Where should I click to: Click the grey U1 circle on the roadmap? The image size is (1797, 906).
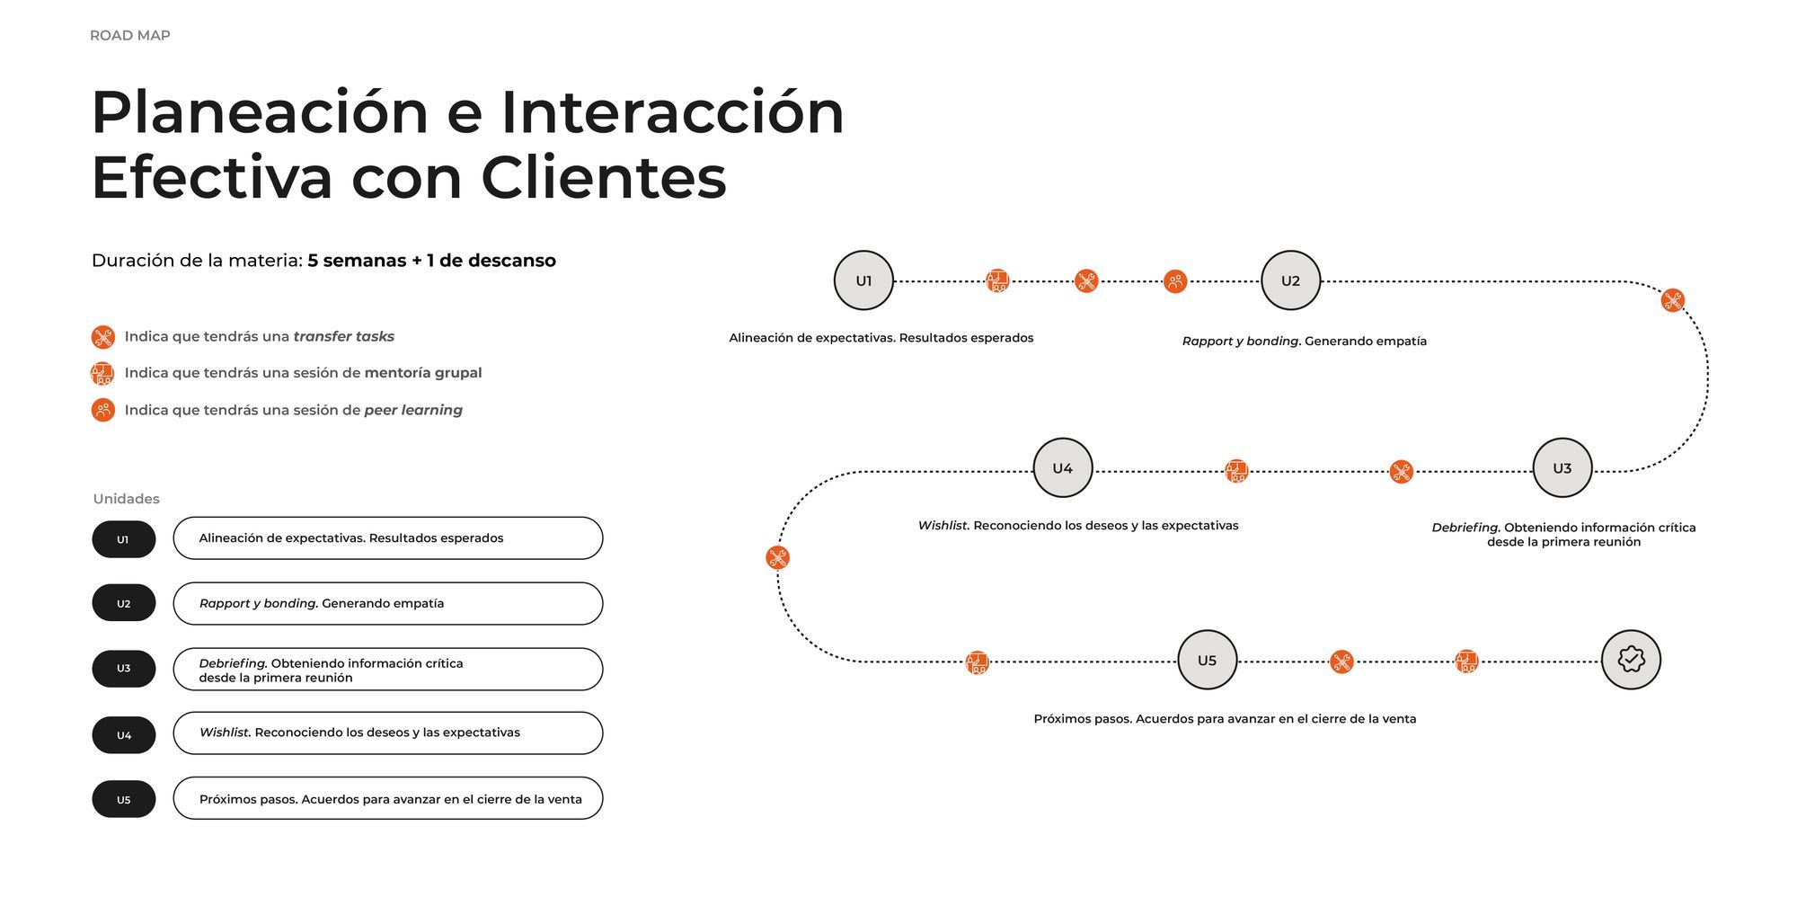point(863,280)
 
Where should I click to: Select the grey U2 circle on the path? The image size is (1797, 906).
point(1290,280)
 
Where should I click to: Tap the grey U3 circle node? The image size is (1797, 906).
point(1562,468)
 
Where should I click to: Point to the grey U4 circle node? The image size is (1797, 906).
point(1062,468)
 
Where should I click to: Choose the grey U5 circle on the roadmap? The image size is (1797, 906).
point(1207,660)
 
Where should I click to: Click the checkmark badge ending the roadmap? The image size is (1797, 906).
point(1631,660)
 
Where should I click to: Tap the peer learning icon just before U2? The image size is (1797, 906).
point(1175,282)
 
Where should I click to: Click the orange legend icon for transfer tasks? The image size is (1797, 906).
point(103,337)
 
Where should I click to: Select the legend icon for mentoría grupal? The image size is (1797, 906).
point(102,373)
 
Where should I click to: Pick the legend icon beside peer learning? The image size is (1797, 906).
point(103,410)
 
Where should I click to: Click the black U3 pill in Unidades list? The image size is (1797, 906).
point(124,669)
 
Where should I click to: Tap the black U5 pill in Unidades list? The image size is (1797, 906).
point(124,800)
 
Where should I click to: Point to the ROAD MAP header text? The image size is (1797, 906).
point(130,36)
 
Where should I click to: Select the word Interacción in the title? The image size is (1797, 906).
point(672,113)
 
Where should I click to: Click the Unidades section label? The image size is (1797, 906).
point(127,499)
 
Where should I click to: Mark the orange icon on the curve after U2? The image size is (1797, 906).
point(1672,300)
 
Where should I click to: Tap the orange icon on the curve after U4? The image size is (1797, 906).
point(778,558)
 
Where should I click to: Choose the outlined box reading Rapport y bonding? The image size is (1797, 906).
point(387,604)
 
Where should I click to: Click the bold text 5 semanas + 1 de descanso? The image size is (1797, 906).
point(431,261)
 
